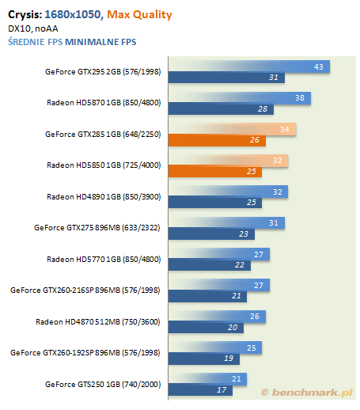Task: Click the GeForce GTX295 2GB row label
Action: tap(103, 72)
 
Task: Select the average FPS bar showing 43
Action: tap(249, 66)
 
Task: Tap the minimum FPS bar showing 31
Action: tap(226, 78)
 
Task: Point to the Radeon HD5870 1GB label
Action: tap(104, 103)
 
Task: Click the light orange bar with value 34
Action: tap(233, 129)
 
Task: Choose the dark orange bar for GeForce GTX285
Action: tap(217, 140)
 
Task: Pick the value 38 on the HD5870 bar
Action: tap(300, 98)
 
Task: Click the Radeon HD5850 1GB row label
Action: tap(104, 165)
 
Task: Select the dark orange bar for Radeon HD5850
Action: tap(215, 172)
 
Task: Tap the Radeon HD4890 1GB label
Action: tap(104, 197)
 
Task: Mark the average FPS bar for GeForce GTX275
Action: tap(226, 223)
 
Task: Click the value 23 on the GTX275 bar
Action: tap(244, 234)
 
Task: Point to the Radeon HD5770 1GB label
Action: tap(104, 260)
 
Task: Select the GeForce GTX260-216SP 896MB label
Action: tap(85, 290)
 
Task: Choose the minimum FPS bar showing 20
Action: tap(206, 328)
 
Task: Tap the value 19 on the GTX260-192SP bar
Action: tap(229, 359)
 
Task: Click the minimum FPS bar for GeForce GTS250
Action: tap(200, 390)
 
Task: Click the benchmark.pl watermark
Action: tap(307, 393)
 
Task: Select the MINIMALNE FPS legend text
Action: tap(100, 42)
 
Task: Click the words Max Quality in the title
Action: tap(139, 14)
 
